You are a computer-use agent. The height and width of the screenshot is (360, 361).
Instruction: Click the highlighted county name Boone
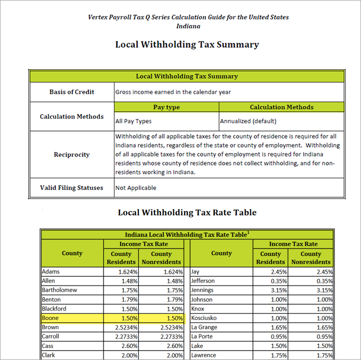[x=50, y=318]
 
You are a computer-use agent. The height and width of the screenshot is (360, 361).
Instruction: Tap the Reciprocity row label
[x=72, y=155]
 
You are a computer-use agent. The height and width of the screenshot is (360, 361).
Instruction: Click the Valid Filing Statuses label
[x=72, y=188]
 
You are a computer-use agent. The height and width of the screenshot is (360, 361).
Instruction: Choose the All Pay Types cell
[x=134, y=121]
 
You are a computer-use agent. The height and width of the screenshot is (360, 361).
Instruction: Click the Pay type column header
[x=166, y=107]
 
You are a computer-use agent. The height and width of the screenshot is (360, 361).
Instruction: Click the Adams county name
[x=51, y=272]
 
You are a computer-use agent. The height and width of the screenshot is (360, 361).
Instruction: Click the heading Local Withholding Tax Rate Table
[x=187, y=212]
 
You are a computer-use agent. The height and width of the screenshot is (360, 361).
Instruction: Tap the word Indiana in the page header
[x=188, y=25]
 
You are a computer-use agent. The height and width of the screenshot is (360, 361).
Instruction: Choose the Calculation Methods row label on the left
[x=72, y=117]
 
